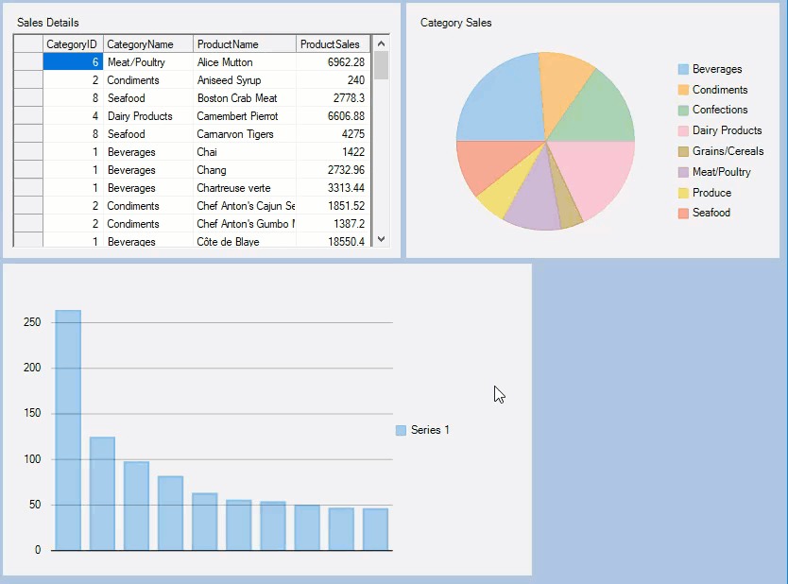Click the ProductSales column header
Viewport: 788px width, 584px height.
330,44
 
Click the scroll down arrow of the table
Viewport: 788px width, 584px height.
382,239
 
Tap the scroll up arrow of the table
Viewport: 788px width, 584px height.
382,43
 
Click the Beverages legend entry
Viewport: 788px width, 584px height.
716,69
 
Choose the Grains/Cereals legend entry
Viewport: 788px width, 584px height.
727,151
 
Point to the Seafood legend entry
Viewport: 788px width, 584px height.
711,213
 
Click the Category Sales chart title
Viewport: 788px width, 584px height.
455,23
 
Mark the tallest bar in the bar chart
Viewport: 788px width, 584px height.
68,430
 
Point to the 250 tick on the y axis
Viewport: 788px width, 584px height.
32,322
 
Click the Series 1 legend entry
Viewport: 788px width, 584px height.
429,430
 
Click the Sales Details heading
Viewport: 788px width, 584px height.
48,23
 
